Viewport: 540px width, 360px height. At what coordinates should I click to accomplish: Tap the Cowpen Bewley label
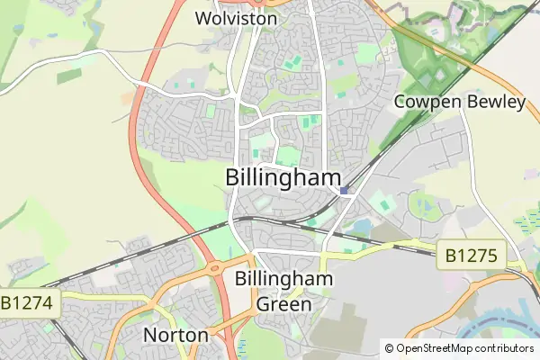coord(459,102)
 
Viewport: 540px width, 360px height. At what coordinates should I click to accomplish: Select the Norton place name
coord(175,336)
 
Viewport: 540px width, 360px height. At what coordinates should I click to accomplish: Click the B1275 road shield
coord(471,255)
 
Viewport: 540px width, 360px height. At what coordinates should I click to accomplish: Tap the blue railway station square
coord(346,190)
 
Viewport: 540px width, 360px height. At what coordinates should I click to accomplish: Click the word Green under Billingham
coord(284,303)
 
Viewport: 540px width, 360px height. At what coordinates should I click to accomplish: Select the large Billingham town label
coord(283,176)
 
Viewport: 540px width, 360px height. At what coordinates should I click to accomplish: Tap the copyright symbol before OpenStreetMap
coord(389,348)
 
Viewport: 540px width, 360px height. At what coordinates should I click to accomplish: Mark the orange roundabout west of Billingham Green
coord(215,267)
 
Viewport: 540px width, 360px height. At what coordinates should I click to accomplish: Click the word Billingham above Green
coord(283,279)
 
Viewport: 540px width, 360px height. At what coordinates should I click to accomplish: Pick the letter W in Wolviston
coord(204,17)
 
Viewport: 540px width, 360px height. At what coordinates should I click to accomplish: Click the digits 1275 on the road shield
coord(476,255)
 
